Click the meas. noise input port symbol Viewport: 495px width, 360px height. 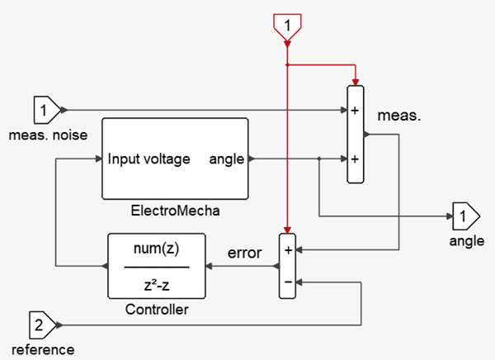pyautogui.click(x=45, y=108)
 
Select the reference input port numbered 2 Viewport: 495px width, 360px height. pyautogui.click(x=42, y=323)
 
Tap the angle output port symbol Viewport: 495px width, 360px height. pyautogui.click(x=464, y=217)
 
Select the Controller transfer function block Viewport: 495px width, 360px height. pyautogui.click(x=157, y=267)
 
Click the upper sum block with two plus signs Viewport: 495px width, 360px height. pyautogui.click(x=355, y=134)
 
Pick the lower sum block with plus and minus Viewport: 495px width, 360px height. pyautogui.click(x=288, y=265)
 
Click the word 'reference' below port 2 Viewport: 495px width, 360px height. pyautogui.click(x=43, y=348)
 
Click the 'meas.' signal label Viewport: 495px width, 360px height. pyautogui.click(x=400, y=116)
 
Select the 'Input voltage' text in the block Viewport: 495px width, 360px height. pyautogui.click(x=148, y=159)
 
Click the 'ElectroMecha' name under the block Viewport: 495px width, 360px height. pyautogui.click(x=174, y=211)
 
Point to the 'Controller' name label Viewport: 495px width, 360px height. pyautogui.click(x=157, y=310)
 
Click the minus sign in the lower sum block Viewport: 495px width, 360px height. pyautogui.click(x=288, y=281)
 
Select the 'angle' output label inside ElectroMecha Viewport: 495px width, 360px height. pyautogui.click(x=226, y=159)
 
